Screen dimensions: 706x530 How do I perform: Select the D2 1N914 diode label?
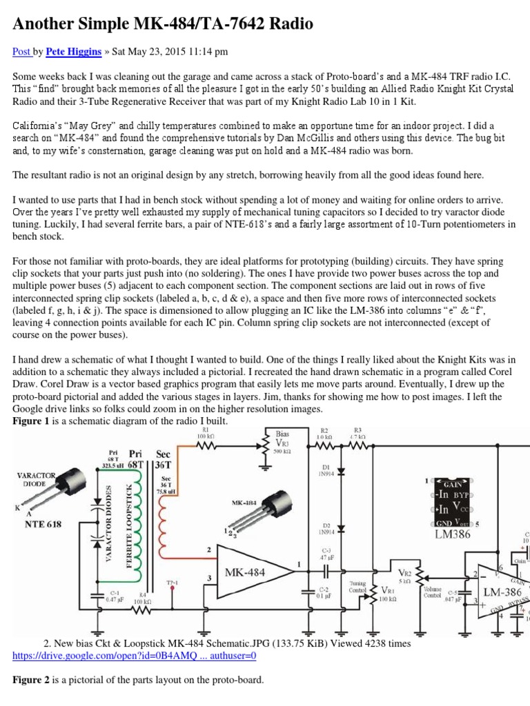(324, 529)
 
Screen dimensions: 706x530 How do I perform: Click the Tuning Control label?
(357, 586)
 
